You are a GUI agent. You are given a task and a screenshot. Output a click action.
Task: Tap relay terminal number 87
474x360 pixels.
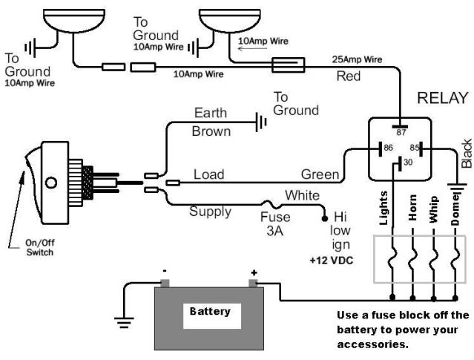point(401,131)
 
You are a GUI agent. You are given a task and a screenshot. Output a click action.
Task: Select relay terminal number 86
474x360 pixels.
point(386,148)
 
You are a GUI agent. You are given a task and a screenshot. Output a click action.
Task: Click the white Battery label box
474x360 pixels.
point(210,311)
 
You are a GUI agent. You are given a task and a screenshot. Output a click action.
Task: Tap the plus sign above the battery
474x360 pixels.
point(254,272)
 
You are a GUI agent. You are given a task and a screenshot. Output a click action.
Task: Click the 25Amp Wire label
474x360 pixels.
point(358,59)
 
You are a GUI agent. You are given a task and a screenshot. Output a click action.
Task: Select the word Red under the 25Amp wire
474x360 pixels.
point(349,76)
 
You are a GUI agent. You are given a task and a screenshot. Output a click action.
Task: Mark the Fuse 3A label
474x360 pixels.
point(275,225)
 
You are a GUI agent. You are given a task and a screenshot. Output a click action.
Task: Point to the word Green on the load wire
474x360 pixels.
point(320,176)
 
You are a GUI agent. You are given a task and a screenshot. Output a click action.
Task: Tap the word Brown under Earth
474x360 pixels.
point(211,131)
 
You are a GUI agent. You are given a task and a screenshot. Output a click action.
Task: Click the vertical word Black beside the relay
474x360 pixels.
point(466,153)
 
